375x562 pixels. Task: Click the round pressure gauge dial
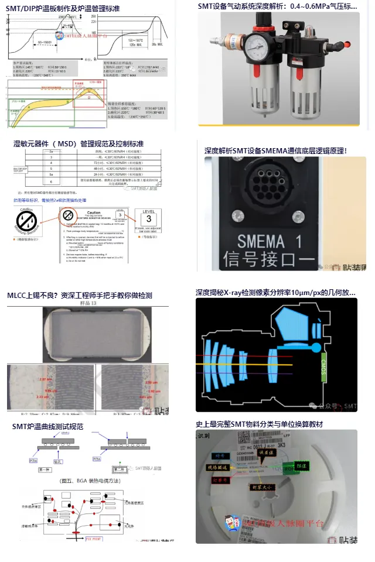click(256, 45)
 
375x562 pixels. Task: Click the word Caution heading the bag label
click(94, 213)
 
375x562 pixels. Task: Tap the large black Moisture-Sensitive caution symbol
click(27, 221)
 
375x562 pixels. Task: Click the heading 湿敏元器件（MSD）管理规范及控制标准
click(79, 143)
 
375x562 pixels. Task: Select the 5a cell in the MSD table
click(51, 174)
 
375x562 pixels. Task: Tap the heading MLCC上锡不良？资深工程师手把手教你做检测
click(79, 295)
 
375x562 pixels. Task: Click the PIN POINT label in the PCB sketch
click(94, 537)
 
